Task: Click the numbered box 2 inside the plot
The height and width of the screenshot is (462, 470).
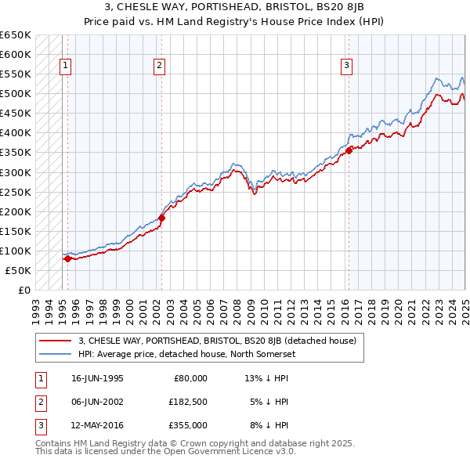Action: tap(159, 67)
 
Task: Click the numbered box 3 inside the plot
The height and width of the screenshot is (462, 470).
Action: tap(346, 67)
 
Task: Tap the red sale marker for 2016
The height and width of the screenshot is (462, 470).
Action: tap(349, 150)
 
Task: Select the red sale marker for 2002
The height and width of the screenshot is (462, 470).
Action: tap(161, 218)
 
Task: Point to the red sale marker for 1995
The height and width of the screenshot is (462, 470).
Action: tap(67, 258)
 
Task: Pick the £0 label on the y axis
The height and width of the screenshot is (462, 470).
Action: tap(23, 290)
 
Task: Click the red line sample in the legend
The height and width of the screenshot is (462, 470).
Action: tap(55, 341)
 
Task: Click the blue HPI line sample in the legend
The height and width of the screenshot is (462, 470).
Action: tap(55, 354)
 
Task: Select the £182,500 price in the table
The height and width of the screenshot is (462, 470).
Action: tap(188, 402)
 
